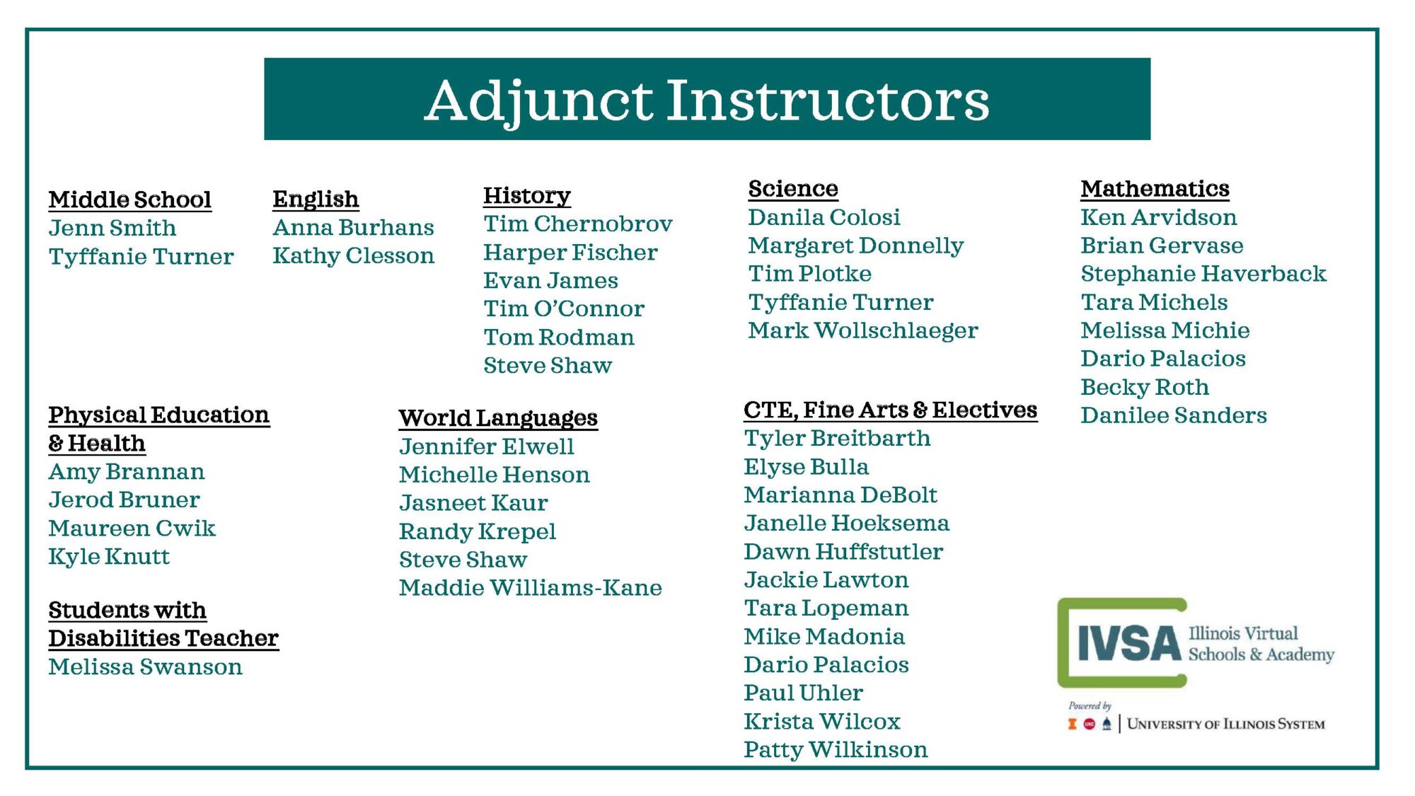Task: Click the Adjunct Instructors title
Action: tap(707, 100)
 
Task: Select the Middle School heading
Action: tap(130, 200)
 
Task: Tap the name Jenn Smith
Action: tap(112, 228)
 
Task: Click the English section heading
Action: tap(316, 200)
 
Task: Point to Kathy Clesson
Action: tap(353, 256)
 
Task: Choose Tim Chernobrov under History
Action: tap(577, 224)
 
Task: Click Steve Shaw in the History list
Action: tap(548, 365)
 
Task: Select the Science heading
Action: tap(793, 188)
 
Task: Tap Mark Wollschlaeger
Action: tap(863, 330)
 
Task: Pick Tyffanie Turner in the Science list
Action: tap(841, 303)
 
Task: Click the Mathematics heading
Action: tap(1155, 188)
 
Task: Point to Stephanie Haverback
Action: tap(1203, 274)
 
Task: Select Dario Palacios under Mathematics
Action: tap(1163, 359)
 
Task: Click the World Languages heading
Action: tap(498, 418)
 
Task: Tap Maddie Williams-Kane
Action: tap(530, 588)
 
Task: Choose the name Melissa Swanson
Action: tap(145, 667)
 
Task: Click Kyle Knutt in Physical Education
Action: tap(109, 557)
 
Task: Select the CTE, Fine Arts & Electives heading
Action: tap(890, 410)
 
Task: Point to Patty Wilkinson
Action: tap(836, 749)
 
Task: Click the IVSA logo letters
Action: tap(1129, 643)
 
